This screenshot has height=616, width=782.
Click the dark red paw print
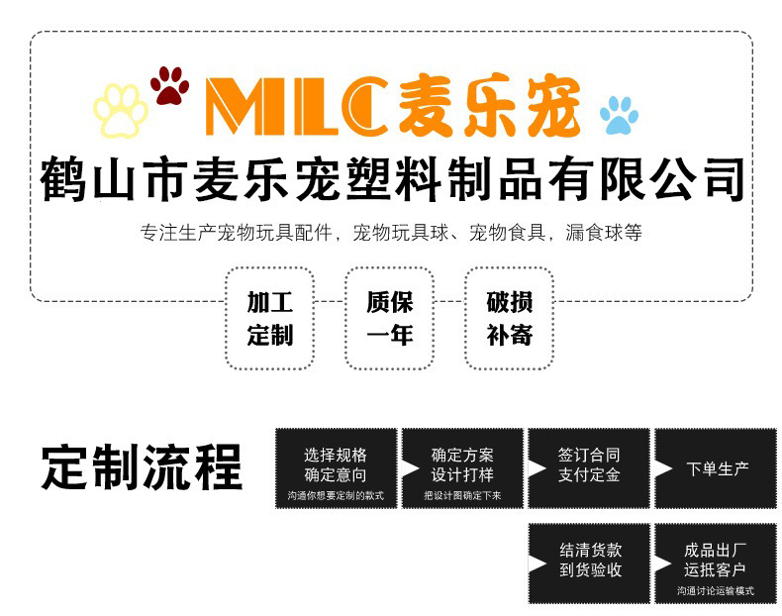(x=169, y=86)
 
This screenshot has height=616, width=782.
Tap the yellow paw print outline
(x=121, y=110)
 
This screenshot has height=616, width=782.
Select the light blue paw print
(x=619, y=115)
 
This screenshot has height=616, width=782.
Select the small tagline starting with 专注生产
(x=391, y=234)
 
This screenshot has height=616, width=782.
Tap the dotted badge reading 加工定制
(x=269, y=318)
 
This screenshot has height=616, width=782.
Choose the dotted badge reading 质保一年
(x=389, y=318)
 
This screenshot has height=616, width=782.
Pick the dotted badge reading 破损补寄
(x=509, y=318)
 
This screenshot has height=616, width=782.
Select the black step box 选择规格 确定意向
(x=336, y=464)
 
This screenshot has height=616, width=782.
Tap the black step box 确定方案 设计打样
(x=462, y=464)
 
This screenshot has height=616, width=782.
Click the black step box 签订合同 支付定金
(x=589, y=464)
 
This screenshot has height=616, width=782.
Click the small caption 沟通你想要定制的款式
(x=336, y=495)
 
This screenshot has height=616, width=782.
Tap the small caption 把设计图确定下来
(x=462, y=495)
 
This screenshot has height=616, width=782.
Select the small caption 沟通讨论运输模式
(x=715, y=590)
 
